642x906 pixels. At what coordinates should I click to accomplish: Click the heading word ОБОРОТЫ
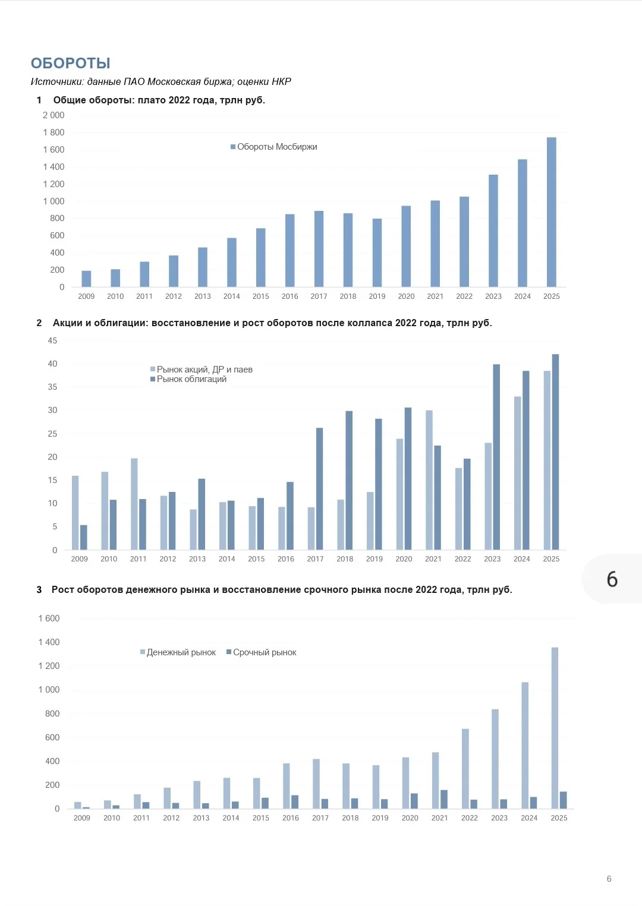point(70,63)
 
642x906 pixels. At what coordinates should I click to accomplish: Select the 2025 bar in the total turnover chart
point(551,212)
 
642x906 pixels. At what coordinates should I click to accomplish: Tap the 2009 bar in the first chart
point(86,279)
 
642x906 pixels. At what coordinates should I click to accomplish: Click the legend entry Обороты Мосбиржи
point(273,147)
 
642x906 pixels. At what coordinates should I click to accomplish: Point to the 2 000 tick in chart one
point(53,115)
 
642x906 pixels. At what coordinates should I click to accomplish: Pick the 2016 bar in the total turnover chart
point(290,251)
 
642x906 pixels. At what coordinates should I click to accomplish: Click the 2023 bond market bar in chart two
point(496,457)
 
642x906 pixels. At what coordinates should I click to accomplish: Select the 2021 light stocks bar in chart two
point(429,480)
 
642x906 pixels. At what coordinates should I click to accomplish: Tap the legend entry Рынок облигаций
point(188,380)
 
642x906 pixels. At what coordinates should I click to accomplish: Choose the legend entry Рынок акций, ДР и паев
point(201,370)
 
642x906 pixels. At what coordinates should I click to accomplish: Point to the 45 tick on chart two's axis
point(53,340)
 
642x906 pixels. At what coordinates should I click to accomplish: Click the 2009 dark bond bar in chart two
point(83,538)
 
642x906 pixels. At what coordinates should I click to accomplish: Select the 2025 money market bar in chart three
point(555,728)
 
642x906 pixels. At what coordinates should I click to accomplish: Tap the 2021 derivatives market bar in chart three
point(443,799)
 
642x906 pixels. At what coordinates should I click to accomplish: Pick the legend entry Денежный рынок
point(178,652)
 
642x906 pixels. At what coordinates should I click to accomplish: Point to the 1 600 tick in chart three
point(49,618)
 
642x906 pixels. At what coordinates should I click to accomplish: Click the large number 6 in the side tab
point(612,579)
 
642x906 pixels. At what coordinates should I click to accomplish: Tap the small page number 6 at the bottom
point(609,879)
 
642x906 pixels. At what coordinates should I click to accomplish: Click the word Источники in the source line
point(57,82)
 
